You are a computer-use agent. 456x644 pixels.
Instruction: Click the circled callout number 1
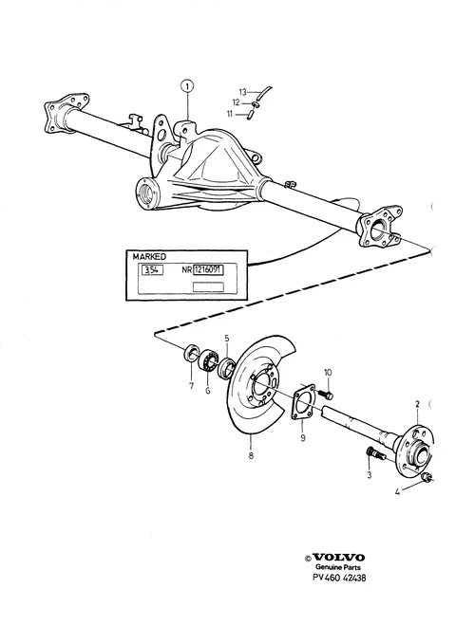(x=187, y=86)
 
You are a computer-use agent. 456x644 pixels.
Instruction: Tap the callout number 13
(x=242, y=92)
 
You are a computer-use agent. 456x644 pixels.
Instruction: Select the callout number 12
(x=236, y=102)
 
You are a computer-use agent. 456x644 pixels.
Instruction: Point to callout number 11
(x=230, y=114)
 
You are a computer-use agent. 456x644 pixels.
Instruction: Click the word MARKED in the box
(x=149, y=257)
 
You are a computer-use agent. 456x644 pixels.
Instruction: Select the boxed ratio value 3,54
(x=152, y=270)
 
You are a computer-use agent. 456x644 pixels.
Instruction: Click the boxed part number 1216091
(x=208, y=270)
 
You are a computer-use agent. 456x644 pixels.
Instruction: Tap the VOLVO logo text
(x=338, y=557)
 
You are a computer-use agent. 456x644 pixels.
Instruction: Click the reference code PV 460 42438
(x=339, y=578)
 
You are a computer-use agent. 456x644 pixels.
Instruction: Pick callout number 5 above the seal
(x=227, y=339)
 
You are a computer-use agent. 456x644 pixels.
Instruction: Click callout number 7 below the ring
(x=191, y=386)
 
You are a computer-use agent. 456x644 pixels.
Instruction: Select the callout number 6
(x=207, y=391)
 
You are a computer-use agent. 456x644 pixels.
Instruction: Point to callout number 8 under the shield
(x=251, y=455)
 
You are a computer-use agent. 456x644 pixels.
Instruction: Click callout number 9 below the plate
(x=303, y=438)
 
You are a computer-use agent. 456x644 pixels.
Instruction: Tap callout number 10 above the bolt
(x=328, y=373)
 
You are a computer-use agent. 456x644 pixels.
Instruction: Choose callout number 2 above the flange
(x=417, y=404)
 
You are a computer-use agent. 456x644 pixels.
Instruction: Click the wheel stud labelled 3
(x=375, y=454)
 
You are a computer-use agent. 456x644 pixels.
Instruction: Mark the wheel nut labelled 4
(x=427, y=477)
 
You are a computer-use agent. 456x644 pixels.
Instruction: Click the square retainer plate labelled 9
(x=304, y=402)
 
